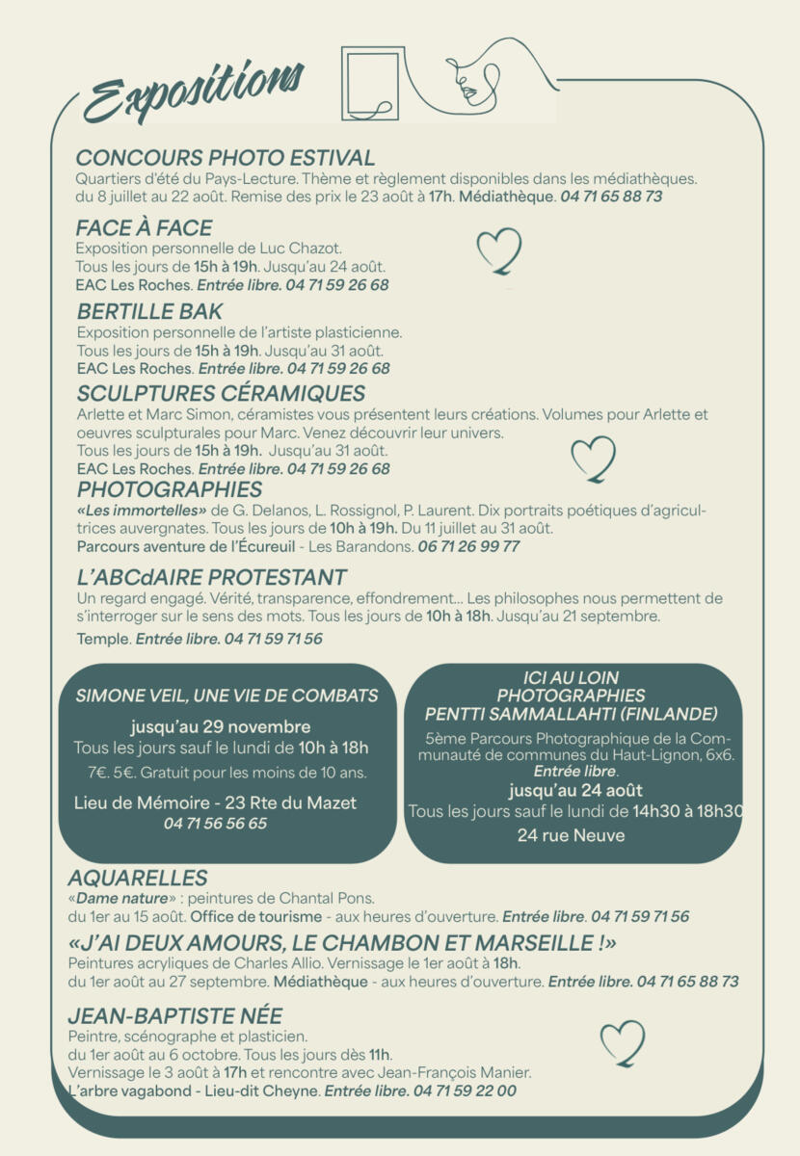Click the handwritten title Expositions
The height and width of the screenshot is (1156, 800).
pos(193,91)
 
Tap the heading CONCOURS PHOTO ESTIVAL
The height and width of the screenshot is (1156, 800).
pos(226,158)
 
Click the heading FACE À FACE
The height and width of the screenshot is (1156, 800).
pos(144,228)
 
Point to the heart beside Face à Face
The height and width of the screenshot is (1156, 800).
pos(499,250)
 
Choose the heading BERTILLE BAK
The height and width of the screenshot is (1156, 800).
pos(149,311)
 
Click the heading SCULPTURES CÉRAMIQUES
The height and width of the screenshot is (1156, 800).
pos(221,393)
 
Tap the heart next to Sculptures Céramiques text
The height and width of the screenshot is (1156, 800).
pos(593,460)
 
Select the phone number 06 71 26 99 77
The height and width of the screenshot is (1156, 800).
pos(468,546)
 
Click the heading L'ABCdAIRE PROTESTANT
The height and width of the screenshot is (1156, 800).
pos(211,578)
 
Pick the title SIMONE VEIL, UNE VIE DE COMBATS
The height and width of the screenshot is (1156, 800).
pos(227,696)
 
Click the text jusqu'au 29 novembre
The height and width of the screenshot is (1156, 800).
pos(221,726)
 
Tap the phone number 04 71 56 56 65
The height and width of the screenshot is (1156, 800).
pos(215,824)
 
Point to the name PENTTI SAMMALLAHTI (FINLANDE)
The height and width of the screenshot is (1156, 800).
pos(572,714)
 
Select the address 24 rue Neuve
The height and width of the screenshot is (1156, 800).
pos(571,835)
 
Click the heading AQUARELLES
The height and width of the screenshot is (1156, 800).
pos(138,878)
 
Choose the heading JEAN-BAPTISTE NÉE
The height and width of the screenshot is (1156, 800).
pos(174,1016)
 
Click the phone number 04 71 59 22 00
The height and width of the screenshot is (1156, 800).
pos(465,1090)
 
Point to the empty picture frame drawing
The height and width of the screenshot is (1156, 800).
pos(370,85)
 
